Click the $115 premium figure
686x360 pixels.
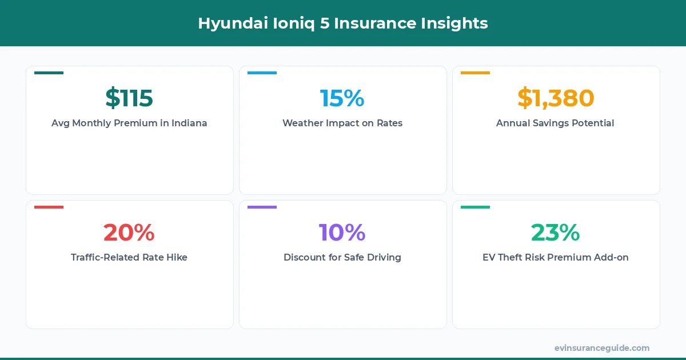pos(129,98)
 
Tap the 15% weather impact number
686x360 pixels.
pos(342,98)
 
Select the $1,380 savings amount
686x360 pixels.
pos(556,98)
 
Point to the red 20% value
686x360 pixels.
pos(129,233)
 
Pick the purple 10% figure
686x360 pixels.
pos(342,233)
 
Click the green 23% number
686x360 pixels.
pos(556,233)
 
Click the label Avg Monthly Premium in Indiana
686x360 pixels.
pos(129,123)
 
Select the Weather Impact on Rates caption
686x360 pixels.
pos(342,123)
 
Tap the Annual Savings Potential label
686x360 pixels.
pos(555,123)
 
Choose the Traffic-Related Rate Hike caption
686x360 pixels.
pos(129,257)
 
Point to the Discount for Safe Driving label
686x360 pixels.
pos(342,257)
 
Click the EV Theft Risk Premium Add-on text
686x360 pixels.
pos(556,257)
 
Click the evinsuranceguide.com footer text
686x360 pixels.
pos(602,348)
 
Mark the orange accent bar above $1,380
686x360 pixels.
pos(475,73)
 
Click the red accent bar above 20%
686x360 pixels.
pos(49,207)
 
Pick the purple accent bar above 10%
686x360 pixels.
pos(262,207)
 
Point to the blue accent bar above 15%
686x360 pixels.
pos(262,73)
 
